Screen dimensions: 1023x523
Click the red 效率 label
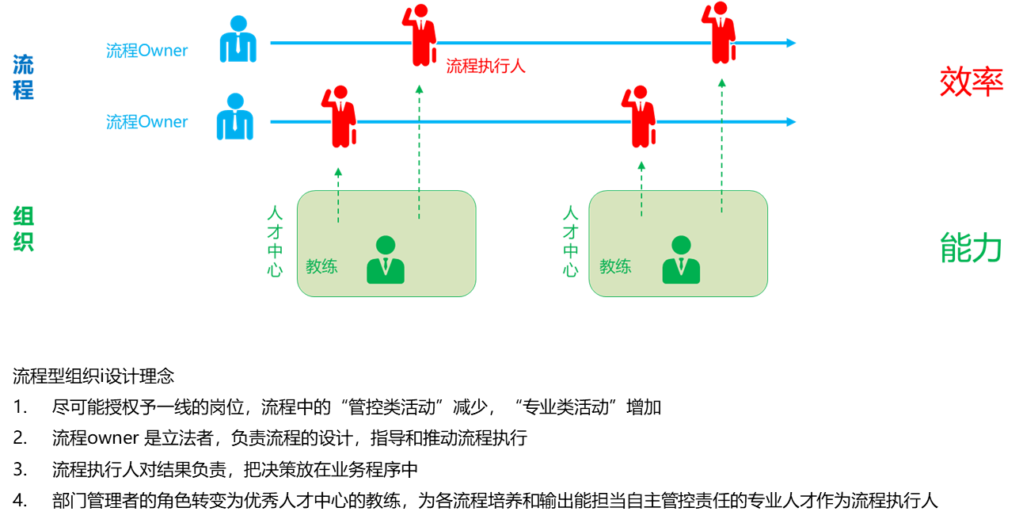point(972,82)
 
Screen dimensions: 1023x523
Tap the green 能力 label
point(971,247)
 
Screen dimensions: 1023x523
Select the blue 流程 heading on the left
point(23,78)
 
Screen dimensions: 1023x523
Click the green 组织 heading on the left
point(23,228)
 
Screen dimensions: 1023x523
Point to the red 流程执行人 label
point(485,66)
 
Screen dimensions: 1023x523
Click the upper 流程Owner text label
point(146,50)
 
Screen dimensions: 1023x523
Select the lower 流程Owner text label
point(146,121)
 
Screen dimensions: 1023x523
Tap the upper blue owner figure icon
point(238,39)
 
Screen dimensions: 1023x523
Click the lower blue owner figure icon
point(234,116)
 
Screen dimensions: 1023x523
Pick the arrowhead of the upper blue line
point(792,43)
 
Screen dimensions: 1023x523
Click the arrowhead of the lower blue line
point(792,121)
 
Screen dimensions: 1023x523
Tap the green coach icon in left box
point(386,260)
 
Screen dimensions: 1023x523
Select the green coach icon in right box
point(681,260)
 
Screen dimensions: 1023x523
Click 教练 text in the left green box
point(321,266)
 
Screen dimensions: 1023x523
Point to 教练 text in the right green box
point(615,266)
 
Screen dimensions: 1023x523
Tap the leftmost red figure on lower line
point(339,116)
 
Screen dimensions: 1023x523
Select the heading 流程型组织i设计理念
point(93,376)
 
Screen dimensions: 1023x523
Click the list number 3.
point(20,469)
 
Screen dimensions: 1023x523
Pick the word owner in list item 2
point(112,438)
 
